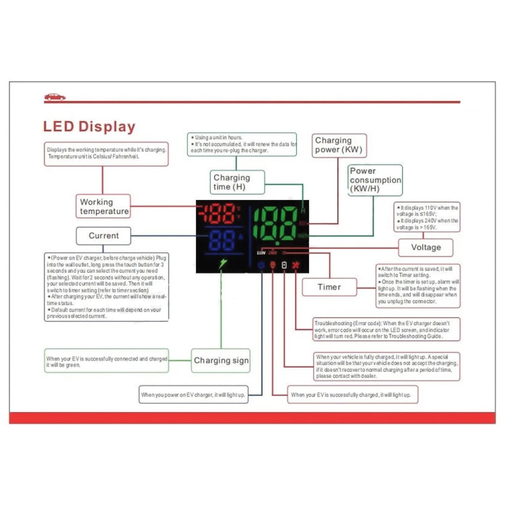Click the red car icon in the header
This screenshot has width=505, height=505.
[x=55, y=96]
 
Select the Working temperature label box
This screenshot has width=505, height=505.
[x=104, y=206]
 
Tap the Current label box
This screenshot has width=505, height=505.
[x=103, y=236]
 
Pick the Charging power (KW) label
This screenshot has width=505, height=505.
[x=337, y=145]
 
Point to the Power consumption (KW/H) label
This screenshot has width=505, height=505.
[x=375, y=180]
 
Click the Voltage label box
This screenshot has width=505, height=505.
[x=426, y=247]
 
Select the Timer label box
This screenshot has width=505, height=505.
[x=329, y=287]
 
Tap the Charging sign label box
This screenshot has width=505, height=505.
[x=221, y=360]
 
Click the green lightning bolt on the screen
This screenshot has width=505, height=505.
[x=225, y=265]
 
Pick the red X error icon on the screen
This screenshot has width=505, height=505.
[x=296, y=265]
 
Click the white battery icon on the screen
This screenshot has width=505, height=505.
[x=284, y=265]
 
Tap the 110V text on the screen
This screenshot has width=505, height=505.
[x=261, y=253]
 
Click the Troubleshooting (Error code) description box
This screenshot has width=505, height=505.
[x=386, y=329]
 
